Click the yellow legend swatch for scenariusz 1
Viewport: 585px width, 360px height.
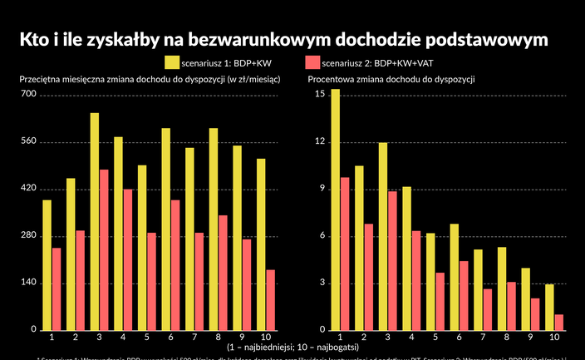[x=172, y=62]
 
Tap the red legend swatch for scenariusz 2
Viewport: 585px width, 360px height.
[x=312, y=62]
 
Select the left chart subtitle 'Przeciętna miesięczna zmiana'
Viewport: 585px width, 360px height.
[x=150, y=80]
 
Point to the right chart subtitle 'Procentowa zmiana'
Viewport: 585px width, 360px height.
[x=391, y=80]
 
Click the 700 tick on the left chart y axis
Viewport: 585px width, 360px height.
[x=28, y=94]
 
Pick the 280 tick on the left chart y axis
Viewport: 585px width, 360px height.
[x=28, y=235]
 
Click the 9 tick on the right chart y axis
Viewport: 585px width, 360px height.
[x=321, y=189]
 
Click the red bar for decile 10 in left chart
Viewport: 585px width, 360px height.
[x=270, y=299]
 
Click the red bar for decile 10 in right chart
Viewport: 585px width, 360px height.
[x=558, y=322]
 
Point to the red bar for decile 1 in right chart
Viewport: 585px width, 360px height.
[x=344, y=254]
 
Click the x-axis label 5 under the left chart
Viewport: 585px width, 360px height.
[x=146, y=337]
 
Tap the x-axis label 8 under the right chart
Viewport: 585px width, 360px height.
[x=506, y=337]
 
